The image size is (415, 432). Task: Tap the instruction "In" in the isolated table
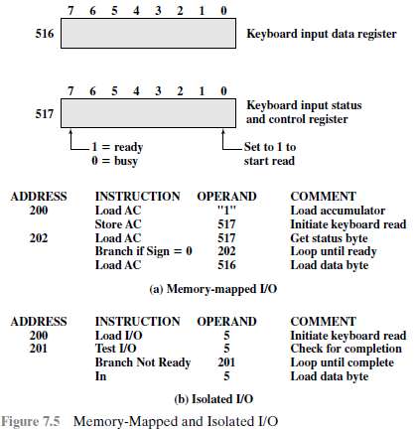[100, 376]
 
